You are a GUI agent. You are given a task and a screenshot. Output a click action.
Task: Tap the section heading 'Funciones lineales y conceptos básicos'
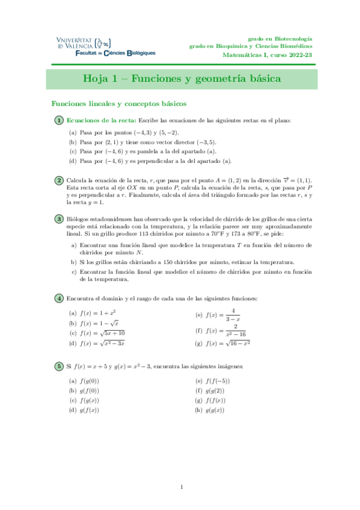point(118,103)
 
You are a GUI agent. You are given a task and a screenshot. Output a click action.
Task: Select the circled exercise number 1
point(59,121)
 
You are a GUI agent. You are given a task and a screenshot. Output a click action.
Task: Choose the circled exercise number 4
point(59,299)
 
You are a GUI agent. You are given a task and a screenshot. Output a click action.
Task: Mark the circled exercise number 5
point(59,366)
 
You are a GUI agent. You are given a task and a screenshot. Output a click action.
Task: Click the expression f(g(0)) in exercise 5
point(90,381)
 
